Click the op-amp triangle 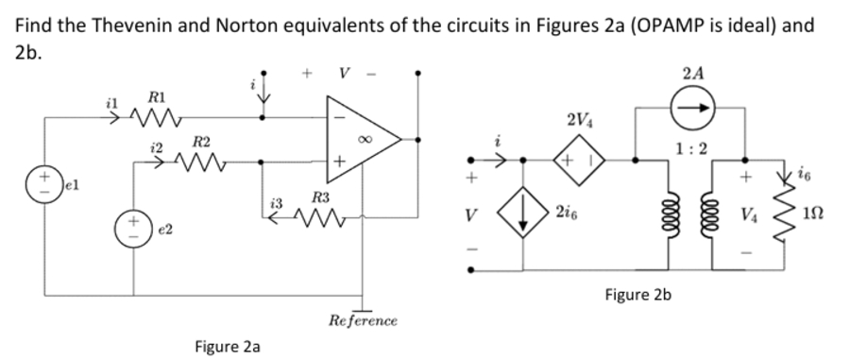[x=359, y=138]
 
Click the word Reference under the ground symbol [x=363, y=321]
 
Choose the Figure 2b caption [x=637, y=295]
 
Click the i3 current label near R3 [x=276, y=203]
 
